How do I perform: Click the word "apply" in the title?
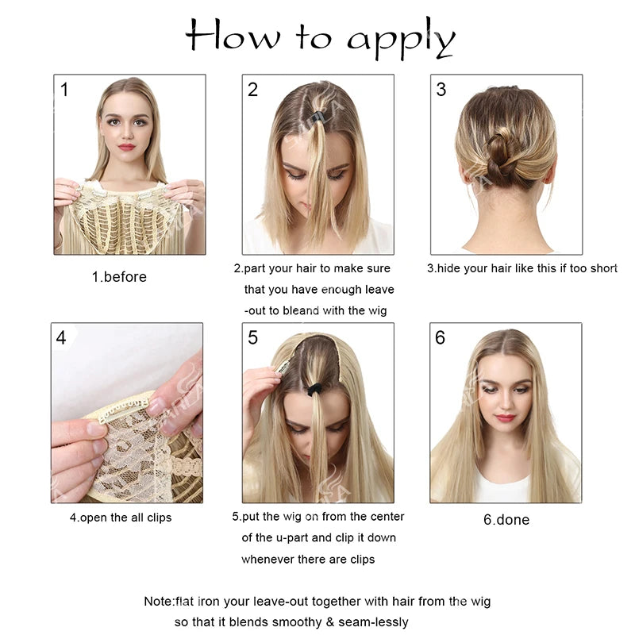401,39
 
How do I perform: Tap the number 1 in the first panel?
64,90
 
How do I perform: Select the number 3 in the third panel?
441,90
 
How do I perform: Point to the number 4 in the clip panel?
61,337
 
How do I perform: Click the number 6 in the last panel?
440,337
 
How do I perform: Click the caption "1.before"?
119,277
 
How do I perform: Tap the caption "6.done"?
506,520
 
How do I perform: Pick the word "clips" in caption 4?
160,518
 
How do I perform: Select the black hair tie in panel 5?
314,390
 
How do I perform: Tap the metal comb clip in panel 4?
123,410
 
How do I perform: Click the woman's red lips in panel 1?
127,147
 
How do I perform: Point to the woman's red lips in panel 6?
505,418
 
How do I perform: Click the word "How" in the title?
232,36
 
